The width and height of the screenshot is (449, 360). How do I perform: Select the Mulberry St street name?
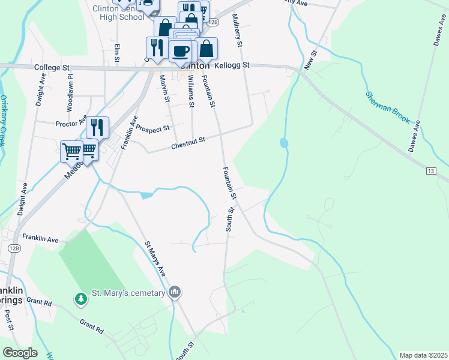238,31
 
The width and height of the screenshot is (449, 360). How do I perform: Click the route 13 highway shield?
431,172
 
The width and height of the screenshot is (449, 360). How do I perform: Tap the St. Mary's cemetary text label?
127,293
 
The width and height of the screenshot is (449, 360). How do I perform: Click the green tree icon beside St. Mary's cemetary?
80,298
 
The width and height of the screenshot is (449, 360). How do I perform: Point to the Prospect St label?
152,128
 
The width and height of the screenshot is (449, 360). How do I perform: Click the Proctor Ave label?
71,123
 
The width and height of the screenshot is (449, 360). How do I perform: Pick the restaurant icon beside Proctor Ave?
97,127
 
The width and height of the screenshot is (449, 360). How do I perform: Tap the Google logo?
20,353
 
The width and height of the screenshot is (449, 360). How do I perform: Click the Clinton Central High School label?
119,13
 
